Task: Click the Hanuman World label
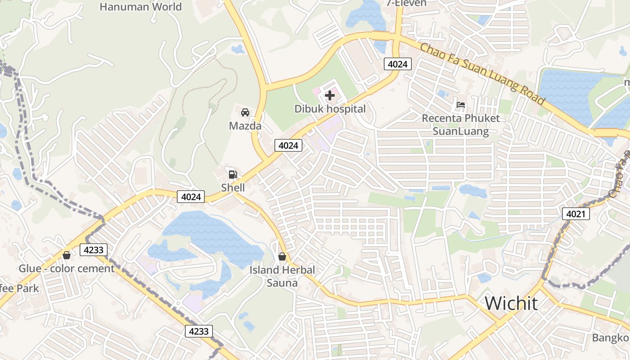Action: tap(140, 7)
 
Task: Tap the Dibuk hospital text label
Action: tap(330, 109)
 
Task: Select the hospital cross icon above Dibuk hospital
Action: tap(330, 95)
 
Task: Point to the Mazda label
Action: tap(245, 126)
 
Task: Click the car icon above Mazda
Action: tap(245, 112)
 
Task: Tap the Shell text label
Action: tap(233, 187)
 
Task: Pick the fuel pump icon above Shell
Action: tap(233, 174)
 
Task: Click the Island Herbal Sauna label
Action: tap(282, 276)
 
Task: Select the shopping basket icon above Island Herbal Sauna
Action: tap(282, 256)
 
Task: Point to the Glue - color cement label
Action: tap(67, 269)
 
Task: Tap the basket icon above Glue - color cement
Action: tap(67, 255)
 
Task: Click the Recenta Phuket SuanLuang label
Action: tap(460, 125)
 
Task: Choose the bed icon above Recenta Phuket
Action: tap(461, 105)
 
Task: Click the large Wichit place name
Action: tap(511, 303)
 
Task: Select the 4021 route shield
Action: tap(576, 214)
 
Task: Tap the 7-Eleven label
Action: tap(406, 3)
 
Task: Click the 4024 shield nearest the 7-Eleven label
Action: tap(397, 64)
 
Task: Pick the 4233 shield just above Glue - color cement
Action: tap(94, 250)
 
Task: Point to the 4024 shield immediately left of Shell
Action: tap(191, 197)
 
